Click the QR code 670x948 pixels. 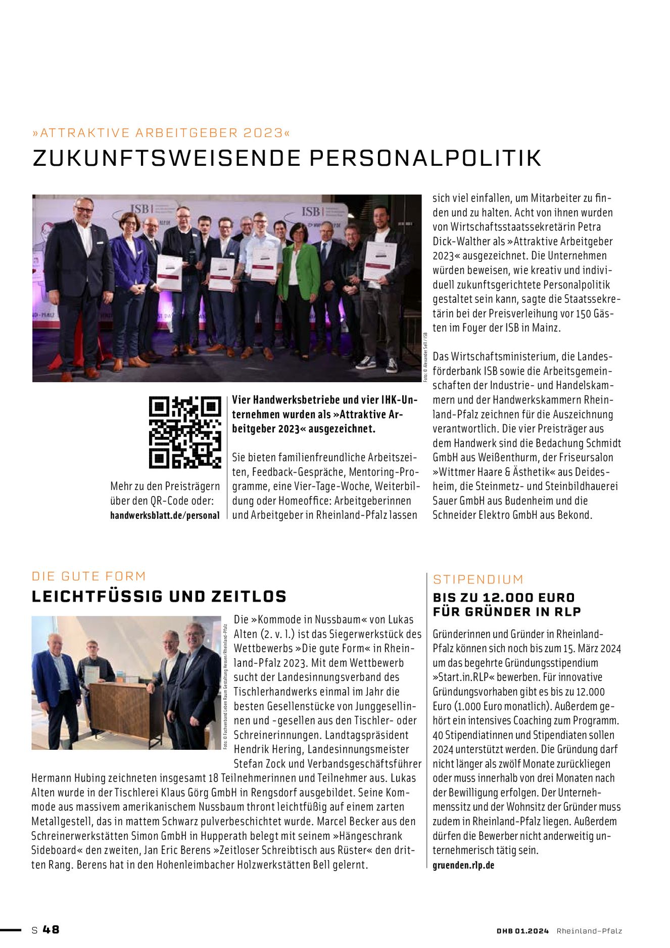click(185, 432)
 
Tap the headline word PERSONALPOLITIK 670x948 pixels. click(425, 158)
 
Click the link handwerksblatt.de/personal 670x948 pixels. click(165, 515)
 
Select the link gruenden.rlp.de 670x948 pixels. click(463, 865)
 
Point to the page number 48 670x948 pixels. click(51, 929)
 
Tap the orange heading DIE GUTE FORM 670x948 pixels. click(89, 576)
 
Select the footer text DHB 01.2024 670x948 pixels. click(522, 931)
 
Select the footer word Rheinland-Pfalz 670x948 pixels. click(589, 931)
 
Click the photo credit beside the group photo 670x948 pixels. click(425, 357)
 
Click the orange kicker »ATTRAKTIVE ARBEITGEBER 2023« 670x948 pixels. click(162, 133)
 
